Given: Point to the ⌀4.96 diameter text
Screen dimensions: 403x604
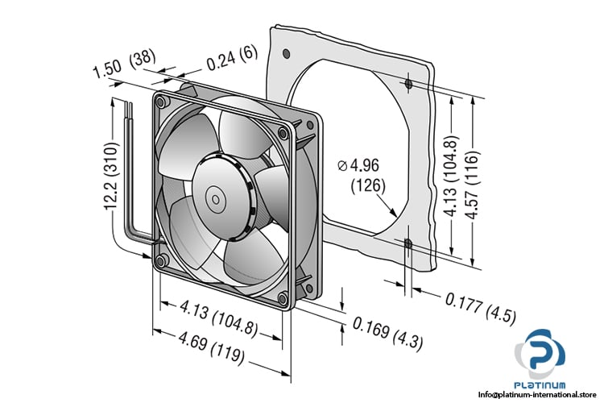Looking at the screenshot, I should coord(359,166).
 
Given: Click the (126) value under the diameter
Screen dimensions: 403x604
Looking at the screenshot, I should coord(368,187).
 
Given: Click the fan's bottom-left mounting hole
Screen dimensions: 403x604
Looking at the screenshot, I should coord(160,260).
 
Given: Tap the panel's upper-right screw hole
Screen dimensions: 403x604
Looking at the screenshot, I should coord(409,85).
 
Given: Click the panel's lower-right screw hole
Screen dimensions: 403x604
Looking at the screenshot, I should coord(409,243).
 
